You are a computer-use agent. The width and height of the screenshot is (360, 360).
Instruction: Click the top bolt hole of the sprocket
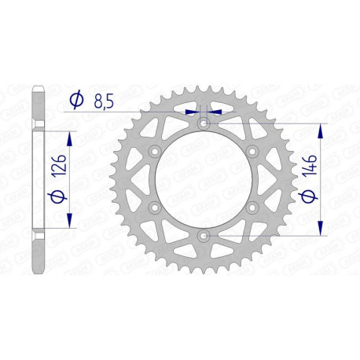point(204,124)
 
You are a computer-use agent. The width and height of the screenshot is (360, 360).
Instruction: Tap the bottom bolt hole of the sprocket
point(204,235)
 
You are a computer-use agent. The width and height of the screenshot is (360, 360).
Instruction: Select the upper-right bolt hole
point(252,152)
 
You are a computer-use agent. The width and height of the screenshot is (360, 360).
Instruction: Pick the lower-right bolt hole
point(252,208)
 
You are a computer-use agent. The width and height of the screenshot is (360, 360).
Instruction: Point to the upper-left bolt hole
point(156,152)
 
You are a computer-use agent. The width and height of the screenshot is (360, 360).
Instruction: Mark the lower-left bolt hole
point(156,208)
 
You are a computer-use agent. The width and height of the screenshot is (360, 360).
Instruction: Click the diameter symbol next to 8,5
point(77,101)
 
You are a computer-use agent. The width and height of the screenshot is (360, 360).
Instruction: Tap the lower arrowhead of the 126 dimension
point(70,218)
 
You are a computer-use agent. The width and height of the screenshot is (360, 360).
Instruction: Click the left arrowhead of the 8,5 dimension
point(193,112)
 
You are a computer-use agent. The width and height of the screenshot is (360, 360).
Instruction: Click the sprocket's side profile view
point(38,179)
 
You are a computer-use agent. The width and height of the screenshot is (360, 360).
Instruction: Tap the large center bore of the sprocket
point(204,179)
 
